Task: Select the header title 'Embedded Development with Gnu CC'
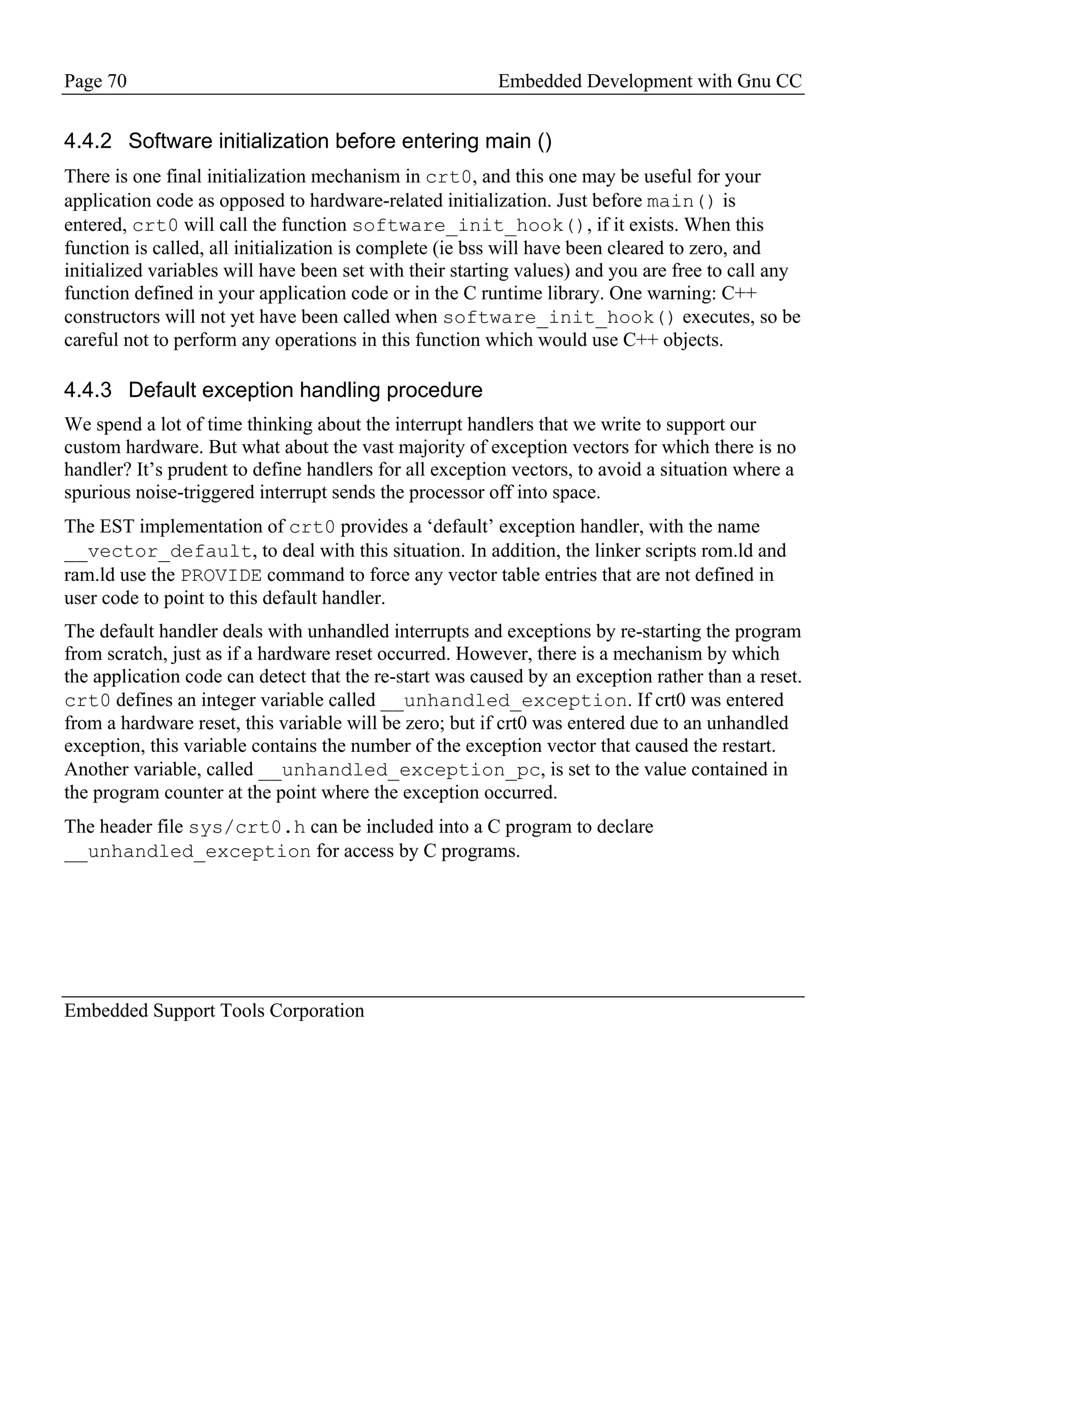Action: (649, 81)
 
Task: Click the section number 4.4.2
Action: (88, 141)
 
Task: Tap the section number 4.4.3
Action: (88, 390)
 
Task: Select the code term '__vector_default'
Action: (158, 551)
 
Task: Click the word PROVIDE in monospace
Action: (221, 575)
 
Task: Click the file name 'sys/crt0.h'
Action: (247, 827)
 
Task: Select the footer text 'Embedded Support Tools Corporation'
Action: (214, 1010)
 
